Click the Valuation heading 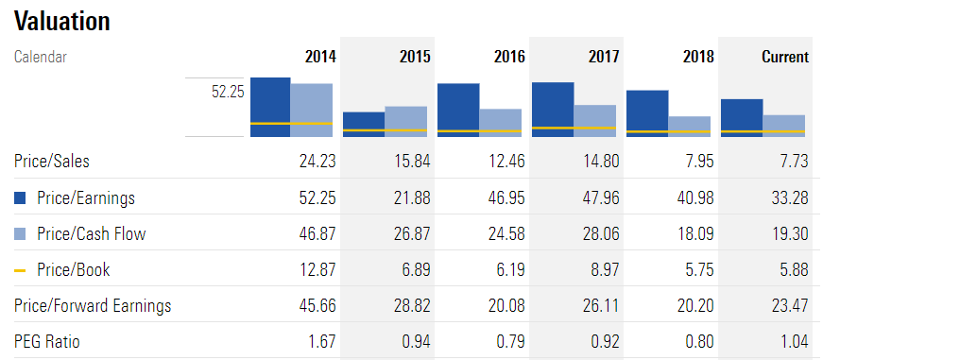62,22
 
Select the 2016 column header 509,57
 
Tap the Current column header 784,57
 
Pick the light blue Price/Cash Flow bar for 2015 405,120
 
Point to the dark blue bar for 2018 647,112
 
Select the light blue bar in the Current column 783,125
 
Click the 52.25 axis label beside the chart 227,92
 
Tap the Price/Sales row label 52,162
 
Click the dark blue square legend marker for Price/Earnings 20,198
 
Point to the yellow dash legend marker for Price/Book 20,270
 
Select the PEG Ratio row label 47,342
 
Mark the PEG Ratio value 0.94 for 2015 415,342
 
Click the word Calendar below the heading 41,57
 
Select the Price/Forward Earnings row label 93,306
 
